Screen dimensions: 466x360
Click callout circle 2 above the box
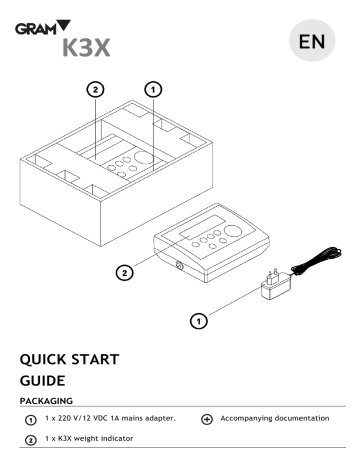pos(95,89)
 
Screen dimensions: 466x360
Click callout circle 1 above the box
pos(153,89)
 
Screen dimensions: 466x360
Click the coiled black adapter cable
pos(317,259)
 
